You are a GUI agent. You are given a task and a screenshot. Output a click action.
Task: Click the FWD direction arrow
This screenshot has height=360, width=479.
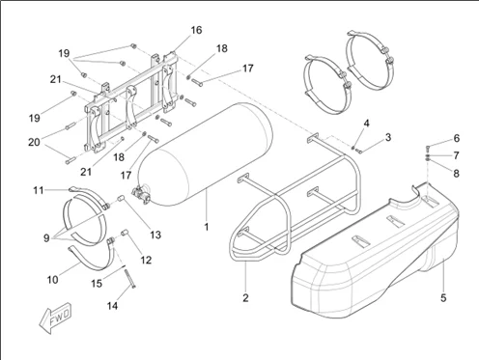55,318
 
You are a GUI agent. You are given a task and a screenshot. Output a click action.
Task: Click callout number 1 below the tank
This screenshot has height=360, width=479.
207,227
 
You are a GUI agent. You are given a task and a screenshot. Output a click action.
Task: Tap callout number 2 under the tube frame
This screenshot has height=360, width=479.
245,298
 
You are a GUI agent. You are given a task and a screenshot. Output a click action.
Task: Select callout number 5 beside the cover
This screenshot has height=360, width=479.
443,298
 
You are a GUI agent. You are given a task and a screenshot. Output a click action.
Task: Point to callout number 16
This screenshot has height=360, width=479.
196,30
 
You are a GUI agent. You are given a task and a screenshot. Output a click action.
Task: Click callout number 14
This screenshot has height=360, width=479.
112,306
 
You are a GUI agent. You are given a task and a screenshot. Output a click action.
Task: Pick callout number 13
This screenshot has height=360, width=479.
155,235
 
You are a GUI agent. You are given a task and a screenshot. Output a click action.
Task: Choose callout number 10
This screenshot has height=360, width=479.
53,280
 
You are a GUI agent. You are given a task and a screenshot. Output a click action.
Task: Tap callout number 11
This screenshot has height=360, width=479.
39,190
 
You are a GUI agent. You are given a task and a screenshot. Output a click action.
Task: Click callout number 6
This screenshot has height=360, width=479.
457,138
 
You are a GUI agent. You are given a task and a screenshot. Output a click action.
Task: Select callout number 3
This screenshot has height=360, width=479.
388,137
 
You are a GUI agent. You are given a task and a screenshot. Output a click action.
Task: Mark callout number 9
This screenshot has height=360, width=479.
46,238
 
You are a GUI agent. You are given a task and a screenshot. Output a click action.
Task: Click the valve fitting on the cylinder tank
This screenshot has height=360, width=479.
141,195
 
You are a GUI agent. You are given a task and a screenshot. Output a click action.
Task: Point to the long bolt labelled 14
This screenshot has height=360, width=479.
129,278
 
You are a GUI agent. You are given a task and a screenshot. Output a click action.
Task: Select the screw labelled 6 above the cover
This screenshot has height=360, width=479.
428,149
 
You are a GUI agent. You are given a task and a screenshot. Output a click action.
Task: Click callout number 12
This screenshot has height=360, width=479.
146,260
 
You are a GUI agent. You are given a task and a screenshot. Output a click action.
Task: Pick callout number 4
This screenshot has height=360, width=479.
367,124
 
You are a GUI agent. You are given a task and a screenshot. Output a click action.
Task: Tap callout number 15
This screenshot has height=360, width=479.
97,284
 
